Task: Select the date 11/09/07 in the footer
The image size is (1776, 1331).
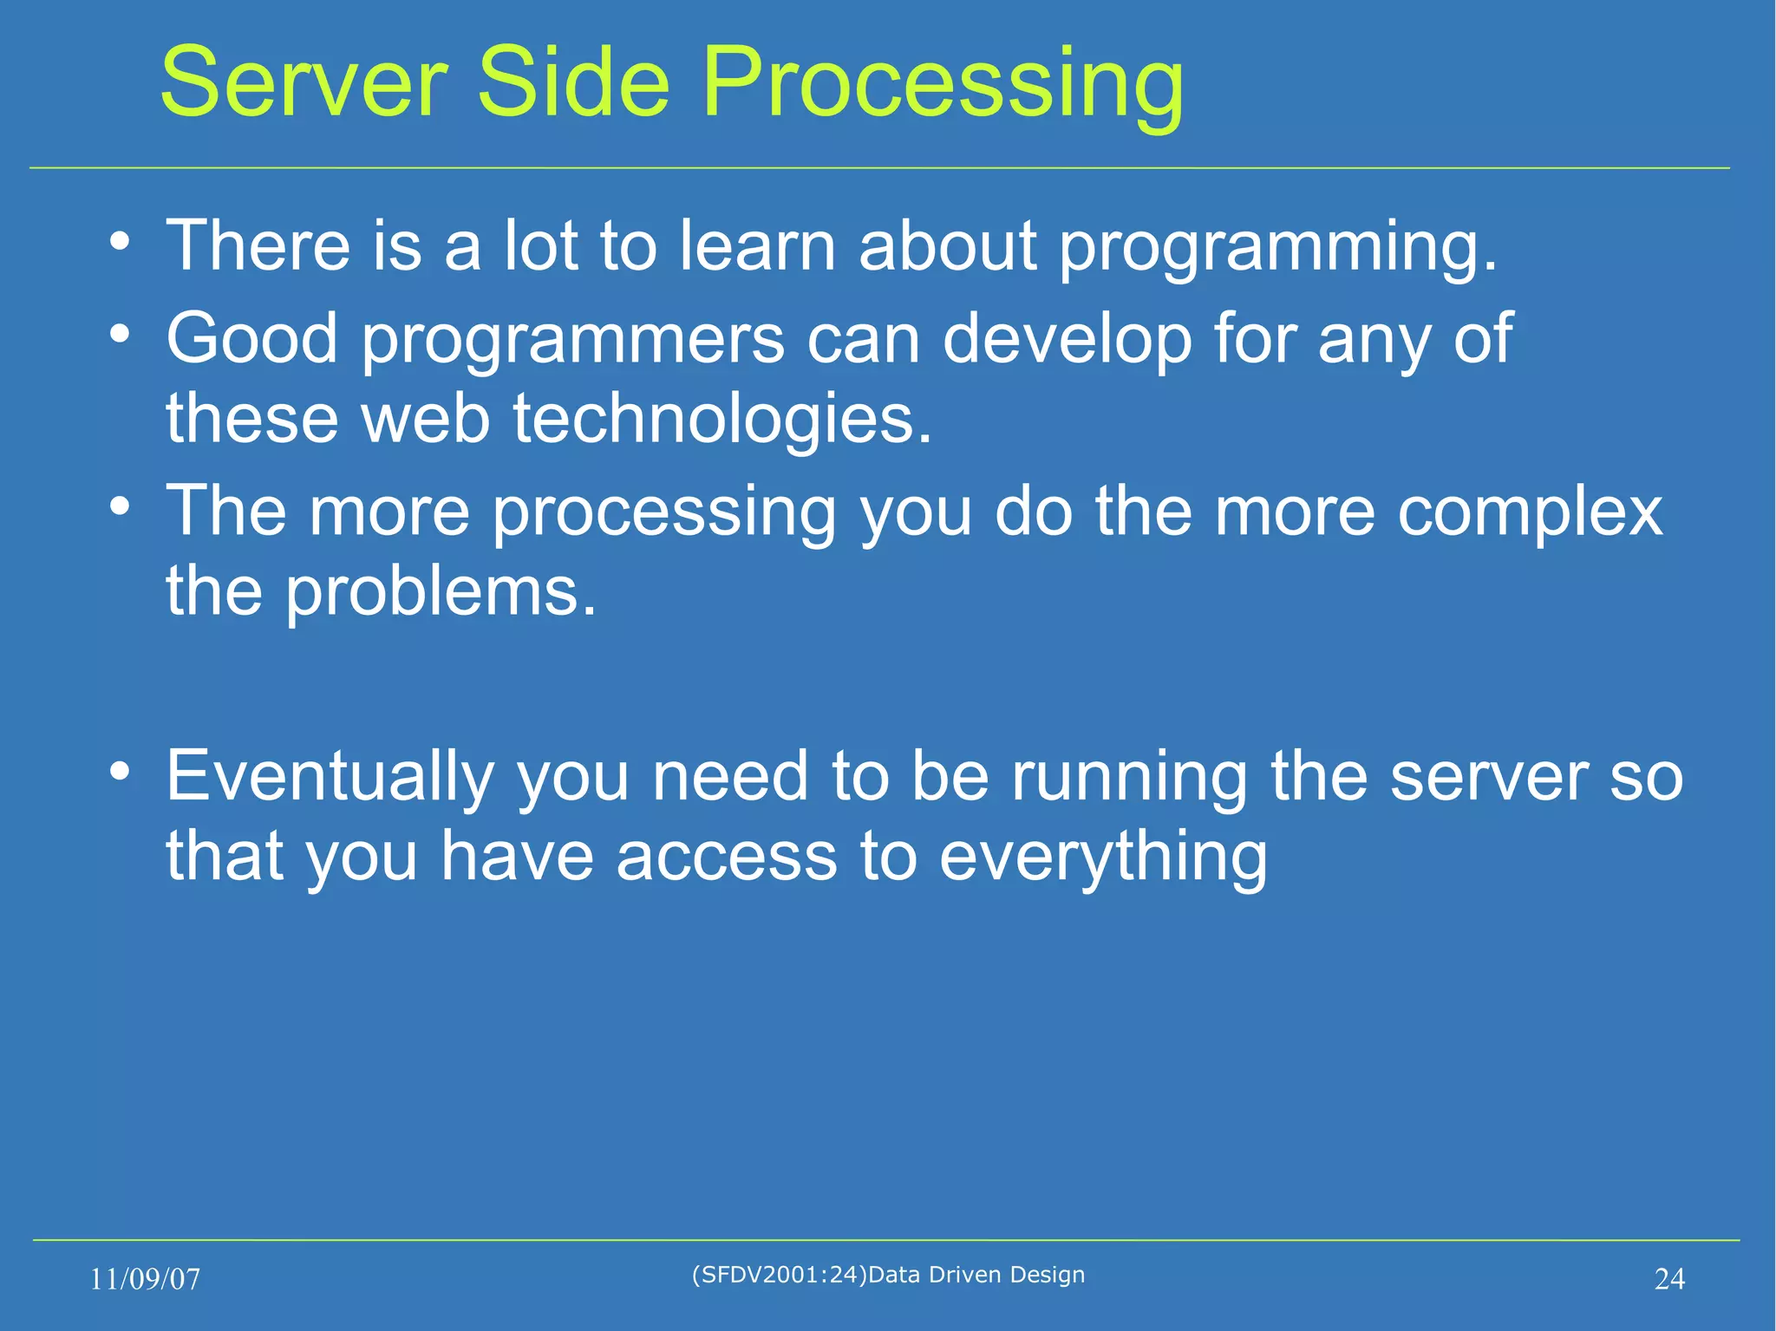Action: (x=145, y=1279)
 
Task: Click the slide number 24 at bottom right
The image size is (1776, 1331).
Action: (x=1669, y=1279)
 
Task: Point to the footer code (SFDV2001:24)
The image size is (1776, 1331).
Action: (x=779, y=1274)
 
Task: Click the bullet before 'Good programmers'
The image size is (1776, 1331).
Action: (x=121, y=334)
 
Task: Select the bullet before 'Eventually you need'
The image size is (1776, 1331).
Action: (x=121, y=770)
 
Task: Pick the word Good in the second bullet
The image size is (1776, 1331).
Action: (x=251, y=338)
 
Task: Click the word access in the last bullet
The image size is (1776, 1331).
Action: (x=727, y=857)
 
